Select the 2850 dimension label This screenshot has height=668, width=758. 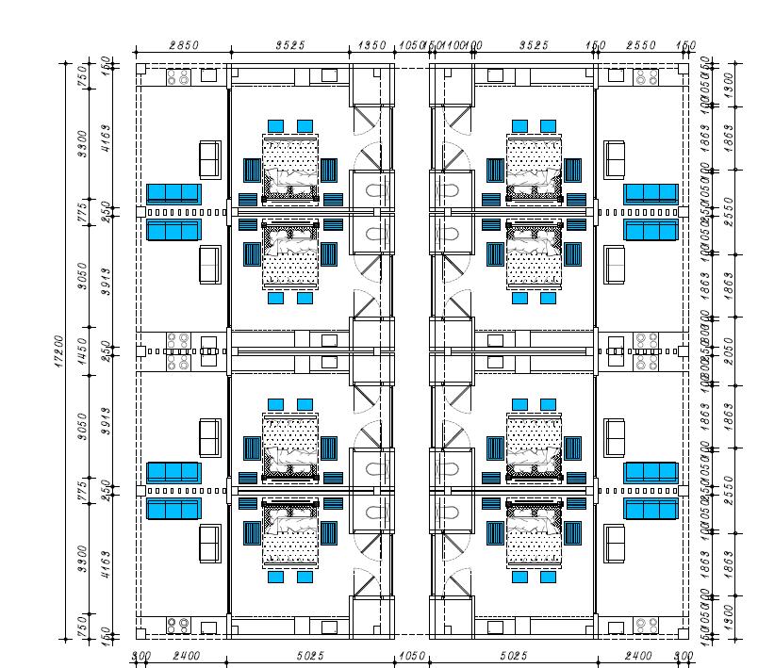[183, 45]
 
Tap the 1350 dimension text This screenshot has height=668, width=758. [374, 45]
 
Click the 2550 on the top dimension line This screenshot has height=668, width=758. [642, 45]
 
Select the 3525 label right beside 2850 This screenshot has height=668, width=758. [289, 45]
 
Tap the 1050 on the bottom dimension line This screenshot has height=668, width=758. [411, 656]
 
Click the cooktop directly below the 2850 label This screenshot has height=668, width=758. [177, 77]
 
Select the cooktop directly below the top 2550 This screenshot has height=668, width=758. [647, 77]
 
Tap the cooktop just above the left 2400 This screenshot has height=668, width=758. [177, 625]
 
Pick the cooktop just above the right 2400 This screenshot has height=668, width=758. [647, 625]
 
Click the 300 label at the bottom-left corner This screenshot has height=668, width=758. [140, 656]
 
